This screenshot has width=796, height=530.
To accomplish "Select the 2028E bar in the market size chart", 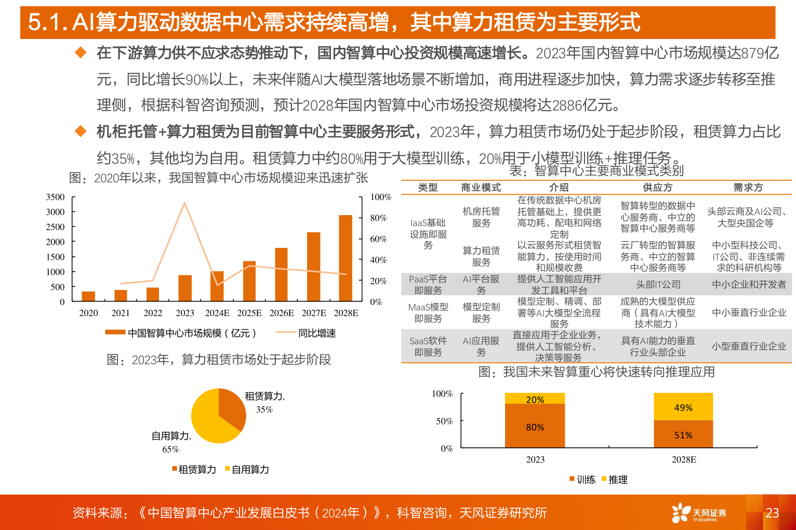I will (x=346, y=258).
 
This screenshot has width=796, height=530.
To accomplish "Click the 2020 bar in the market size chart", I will (x=88, y=296).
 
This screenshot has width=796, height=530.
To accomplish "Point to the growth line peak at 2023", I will (x=184, y=203).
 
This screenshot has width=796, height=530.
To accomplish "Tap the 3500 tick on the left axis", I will (x=55, y=197).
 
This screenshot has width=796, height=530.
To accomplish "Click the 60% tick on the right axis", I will (x=378, y=239).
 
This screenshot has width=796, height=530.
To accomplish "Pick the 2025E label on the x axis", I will (x=249, y=313).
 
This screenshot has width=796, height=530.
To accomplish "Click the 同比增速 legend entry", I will (x=316, y=333).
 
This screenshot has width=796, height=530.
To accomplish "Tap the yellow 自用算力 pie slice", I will (x=208, y=421).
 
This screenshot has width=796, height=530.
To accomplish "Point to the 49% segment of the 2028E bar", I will (x=683, y=407).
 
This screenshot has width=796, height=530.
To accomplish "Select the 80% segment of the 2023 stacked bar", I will (x=535, y=427).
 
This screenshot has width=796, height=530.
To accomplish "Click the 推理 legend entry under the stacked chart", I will (x=617, y=480).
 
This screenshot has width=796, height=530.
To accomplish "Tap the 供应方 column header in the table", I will (x=657, y=188).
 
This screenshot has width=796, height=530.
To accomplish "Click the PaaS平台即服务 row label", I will (x=428, y=285).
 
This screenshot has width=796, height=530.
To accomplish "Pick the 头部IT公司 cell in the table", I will (x=658, y=285).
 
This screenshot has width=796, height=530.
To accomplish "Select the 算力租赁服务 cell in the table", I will (x=481, y=256).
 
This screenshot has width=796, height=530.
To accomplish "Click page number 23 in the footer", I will (x=772, y=513).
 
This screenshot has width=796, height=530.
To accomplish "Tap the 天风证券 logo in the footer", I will (x=699, y=513).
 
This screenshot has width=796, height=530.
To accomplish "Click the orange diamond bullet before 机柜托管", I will (x=81, y=131).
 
